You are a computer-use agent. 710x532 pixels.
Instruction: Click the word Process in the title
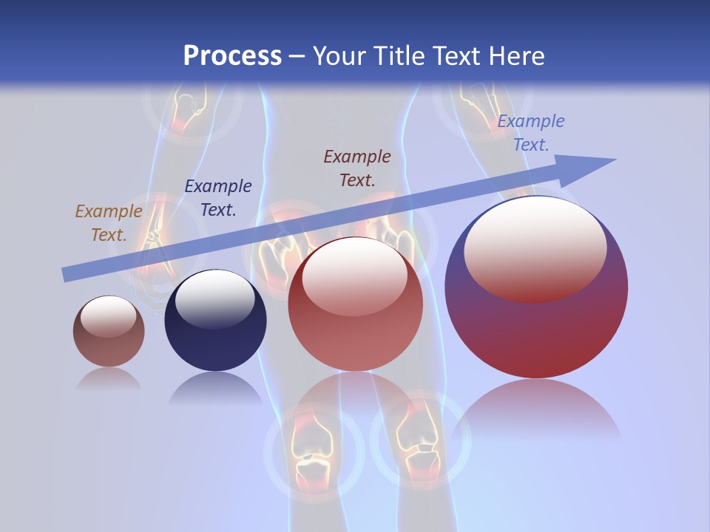pyautogui.click(x=232, y=56)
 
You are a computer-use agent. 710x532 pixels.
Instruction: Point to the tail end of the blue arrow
pyautogui.click(x=67, y=275)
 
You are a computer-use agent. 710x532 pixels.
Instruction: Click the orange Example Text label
pyautogui.click(x=109, y=223)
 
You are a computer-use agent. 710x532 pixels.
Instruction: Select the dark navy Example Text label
pyautogui.click(x=218, y=198)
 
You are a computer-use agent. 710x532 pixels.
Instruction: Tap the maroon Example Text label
pyautogui.click(x=357, y=168)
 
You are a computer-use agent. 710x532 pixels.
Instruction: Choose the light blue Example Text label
pyautogui.click(x=530, y=133)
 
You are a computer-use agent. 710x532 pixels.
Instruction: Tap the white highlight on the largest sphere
pyautogui.click(x=535, y=248)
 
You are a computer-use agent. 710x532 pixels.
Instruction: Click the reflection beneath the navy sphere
pyautogui.click(x=215, y=388)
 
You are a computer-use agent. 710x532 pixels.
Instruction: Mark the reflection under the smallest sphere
pyautogui.click(x=109, y=379)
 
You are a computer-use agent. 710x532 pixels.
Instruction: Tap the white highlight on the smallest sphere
pyautogui.click(x=108, y=316)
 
